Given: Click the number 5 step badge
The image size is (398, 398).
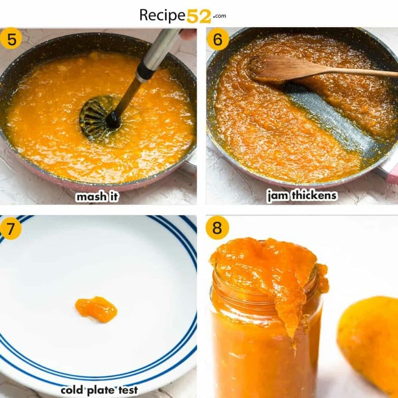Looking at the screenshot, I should tap(11, 39).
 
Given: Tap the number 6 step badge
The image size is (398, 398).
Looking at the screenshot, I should tap(218, 39).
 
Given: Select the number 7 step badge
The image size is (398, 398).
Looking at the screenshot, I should tap(10, 228).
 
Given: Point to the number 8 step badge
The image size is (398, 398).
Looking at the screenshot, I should tap(217, 228).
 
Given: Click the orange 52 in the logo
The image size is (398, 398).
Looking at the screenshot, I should tap(199, 16).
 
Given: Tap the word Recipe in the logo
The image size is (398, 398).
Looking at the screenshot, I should tap(162, 16).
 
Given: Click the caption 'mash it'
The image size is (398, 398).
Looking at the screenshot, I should tap(97, 197).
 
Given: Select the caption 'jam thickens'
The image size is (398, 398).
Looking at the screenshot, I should tap(302, 196).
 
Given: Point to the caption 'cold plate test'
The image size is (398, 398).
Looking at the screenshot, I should tap(99, 390).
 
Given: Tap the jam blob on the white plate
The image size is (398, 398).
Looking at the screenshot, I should tap(96, 308).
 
